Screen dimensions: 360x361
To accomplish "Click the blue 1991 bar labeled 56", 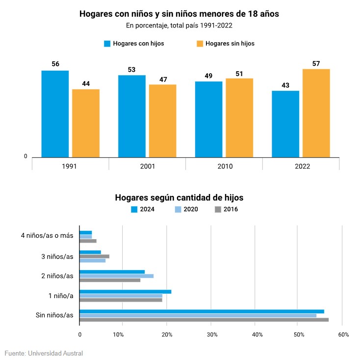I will (55, 114).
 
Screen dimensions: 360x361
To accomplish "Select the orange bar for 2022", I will (316, 113).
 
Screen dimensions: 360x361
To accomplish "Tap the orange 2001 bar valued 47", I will (162, 121).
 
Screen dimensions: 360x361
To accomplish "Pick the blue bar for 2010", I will (208, 119).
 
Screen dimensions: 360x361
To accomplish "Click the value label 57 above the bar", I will (316, 63).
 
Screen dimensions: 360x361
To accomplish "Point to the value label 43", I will (285, 85).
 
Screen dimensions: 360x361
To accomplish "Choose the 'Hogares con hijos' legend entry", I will (134, 43).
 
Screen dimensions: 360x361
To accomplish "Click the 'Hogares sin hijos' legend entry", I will (225, 43).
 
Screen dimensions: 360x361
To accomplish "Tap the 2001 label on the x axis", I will (147, 166).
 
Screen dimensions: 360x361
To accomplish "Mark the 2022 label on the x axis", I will (302, 166).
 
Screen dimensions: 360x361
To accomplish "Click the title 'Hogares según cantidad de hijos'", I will (179, 198).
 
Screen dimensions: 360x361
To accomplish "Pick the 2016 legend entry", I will (227, 209).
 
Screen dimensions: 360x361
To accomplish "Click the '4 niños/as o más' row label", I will (47, 236).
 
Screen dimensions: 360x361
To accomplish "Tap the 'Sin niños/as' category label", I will (54, 315).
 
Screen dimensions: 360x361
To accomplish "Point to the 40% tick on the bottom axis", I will (256, 334).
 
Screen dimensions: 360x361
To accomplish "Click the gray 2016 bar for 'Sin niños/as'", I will (204, 320).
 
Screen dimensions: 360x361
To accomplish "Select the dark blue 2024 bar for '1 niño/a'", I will (125, 292).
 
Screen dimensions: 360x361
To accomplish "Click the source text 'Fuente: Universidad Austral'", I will (44, 353).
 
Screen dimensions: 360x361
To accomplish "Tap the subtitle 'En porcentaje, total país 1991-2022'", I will (179, 25).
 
